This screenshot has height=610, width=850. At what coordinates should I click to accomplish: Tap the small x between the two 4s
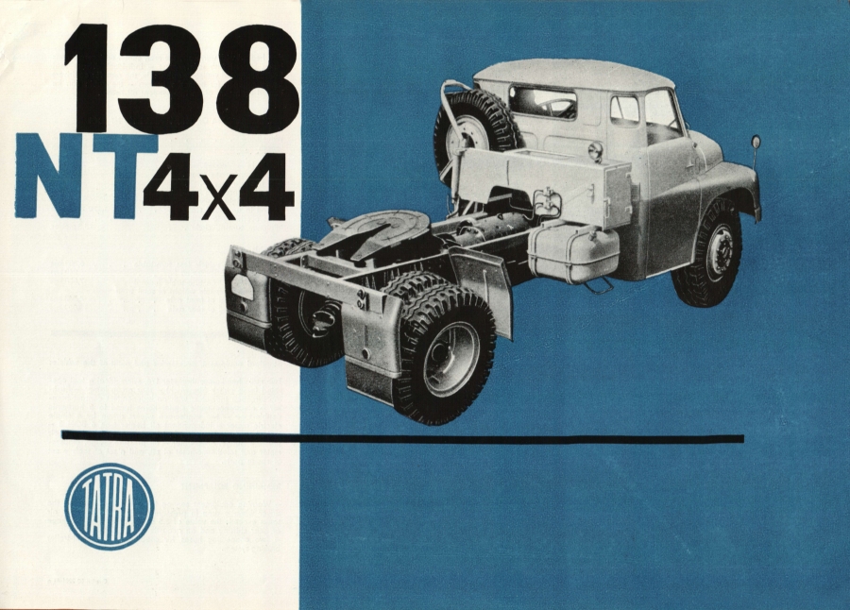219,199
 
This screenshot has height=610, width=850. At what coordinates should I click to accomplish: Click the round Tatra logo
109,506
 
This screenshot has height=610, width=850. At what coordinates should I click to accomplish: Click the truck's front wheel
709,256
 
